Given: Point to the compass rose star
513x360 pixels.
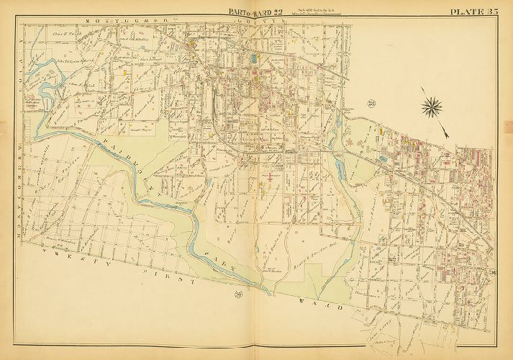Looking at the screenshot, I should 433,107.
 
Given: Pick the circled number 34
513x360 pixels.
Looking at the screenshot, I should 237,294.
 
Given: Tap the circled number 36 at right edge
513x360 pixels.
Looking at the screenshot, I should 493,271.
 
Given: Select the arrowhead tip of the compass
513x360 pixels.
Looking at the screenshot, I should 448,135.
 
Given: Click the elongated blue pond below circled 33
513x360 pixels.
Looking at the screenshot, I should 340,170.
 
